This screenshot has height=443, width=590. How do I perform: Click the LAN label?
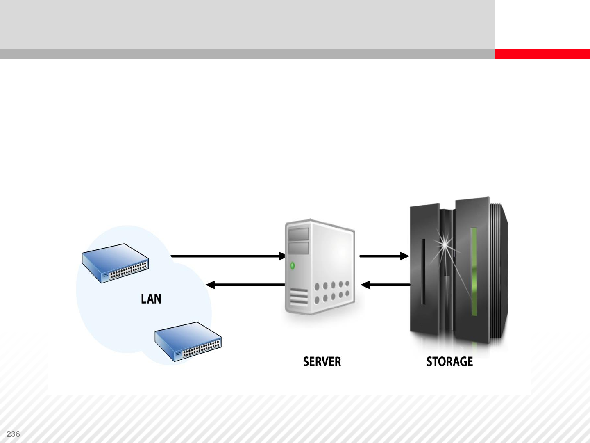pos(151,299)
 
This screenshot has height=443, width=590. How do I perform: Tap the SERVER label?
pos(322,362)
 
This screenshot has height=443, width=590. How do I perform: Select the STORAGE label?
pos(449,362)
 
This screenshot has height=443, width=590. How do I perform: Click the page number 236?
pos(13,434)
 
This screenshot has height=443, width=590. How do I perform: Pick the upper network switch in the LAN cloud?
pos(116,263)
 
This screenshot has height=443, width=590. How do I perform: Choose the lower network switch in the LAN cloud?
pos(188,341)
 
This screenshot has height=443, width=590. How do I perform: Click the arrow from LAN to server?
pos(228,256)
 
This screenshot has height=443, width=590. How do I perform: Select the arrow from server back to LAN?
pos(245,285)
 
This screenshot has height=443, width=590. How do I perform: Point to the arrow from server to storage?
pos(384,256)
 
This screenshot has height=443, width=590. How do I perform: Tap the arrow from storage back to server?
pos(385,285)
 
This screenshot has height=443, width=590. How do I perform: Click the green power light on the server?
pos(293,266)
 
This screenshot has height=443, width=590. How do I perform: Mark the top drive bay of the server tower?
pos(299,234)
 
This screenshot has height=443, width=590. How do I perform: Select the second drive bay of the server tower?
pos(299,247)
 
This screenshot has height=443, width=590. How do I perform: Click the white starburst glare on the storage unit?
pos(445,245)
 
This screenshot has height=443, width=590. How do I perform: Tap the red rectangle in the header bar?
pos(542,54)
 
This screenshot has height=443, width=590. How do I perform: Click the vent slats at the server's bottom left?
pos(299,296)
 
